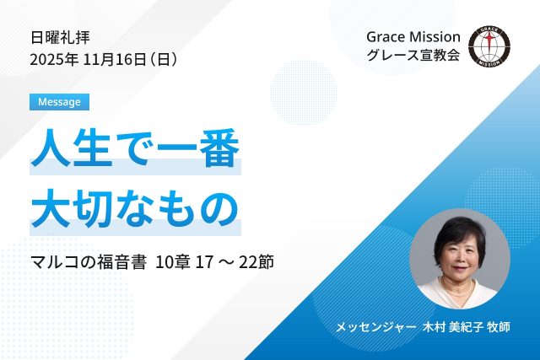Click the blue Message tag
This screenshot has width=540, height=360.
tap(59, 102)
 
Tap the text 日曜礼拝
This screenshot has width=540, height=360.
tap(60, 37)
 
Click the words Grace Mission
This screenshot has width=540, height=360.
tap(413, 37)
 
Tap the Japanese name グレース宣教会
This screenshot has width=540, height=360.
tap(413, 57)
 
